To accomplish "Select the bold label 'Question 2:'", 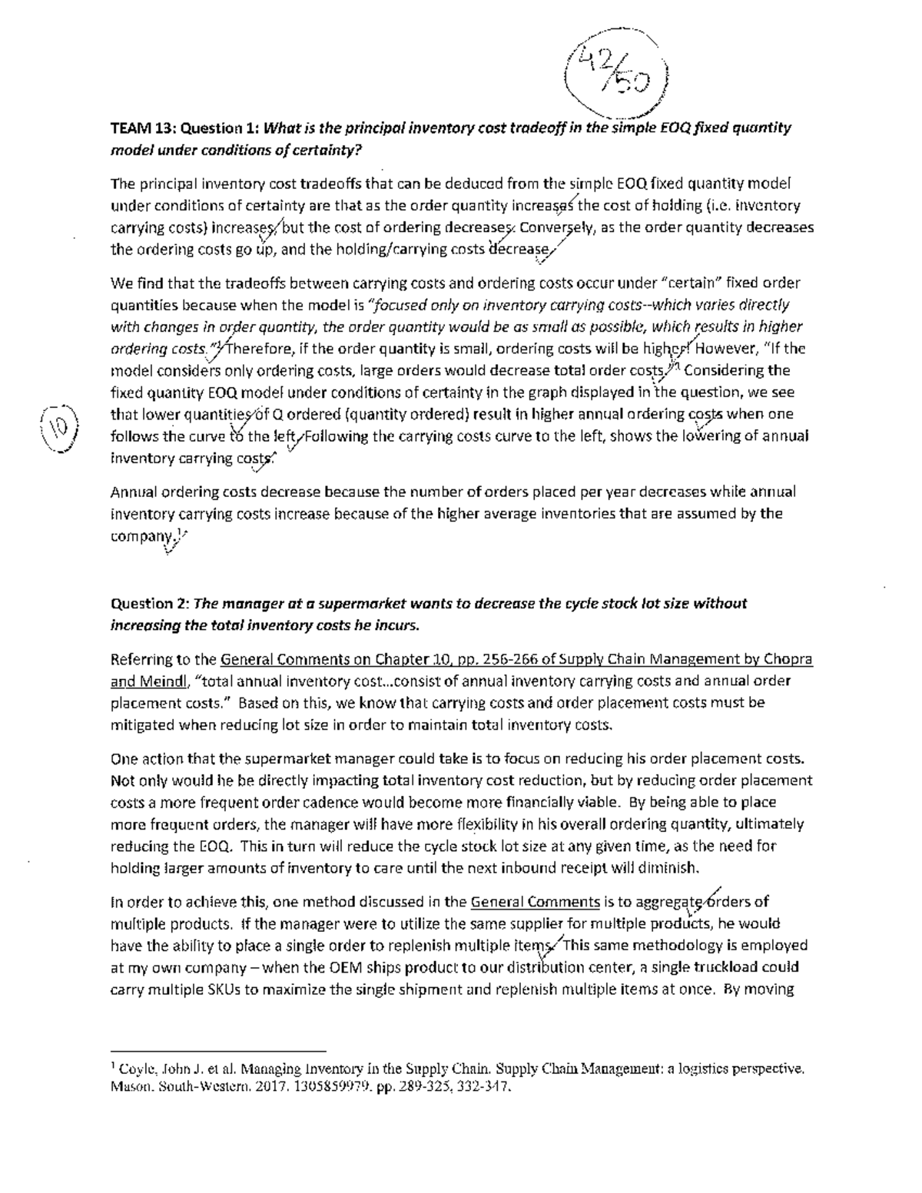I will pyautogui.click(x=150, y=603).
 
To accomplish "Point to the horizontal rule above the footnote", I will pyautogui.click(x=218, y=1050).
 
